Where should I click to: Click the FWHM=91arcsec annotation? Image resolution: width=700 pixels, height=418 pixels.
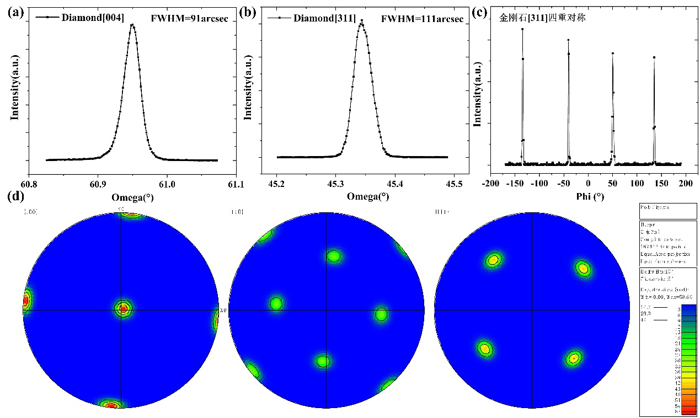click(x=187, y=18)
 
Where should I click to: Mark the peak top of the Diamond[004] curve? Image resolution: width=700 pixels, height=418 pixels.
click(x=132, y=25)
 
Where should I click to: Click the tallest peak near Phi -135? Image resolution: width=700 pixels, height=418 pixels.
click(x=522, y=29)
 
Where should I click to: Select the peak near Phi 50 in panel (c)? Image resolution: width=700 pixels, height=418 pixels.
click(x=612, y=53)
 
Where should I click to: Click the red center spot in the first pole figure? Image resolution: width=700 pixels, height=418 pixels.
click(x=123, y=308)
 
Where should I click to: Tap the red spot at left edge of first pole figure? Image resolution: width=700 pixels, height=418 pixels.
click(x=25, y=301)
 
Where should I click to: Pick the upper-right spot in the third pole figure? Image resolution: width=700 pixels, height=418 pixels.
click(x=583, y=269)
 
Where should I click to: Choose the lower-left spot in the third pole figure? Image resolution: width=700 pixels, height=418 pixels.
click(x=484, y=349)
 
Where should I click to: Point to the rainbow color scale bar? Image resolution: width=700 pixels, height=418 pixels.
click(x=688, y=358)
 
